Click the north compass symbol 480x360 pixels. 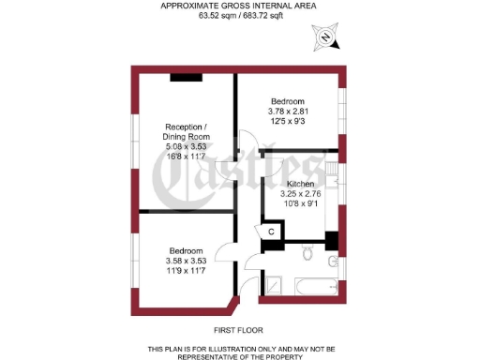(325, 39)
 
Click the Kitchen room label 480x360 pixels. (300, 183)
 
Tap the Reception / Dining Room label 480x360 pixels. (186, 132)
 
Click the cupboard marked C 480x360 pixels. (271, 231)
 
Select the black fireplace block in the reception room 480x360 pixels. (186, 78)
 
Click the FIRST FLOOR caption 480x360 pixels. (238, 330)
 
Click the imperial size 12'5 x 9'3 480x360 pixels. (288, 122)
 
